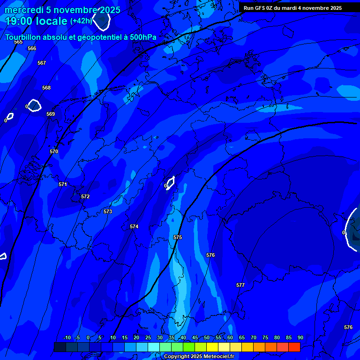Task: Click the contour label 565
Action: [x=18, y=42]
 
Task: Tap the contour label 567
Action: [x=42, y=63]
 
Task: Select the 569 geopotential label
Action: [x=51, y=114]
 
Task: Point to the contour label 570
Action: [x=54, y=151]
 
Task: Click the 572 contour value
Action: [x=85, y=196]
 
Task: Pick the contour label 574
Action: [x=134, y=226]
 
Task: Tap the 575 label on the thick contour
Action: [x=178, y=238]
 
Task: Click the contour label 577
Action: [x=240, y=285]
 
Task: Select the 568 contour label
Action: [x=46, y=88]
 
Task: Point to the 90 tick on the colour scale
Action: [x=300, y=337]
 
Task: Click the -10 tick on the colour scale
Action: [x=67, y=337]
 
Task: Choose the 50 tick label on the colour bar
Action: [x=207, y=337]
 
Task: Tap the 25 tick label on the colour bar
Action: [x=148, y=337]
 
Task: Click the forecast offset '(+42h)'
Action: [x=81, y=21]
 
